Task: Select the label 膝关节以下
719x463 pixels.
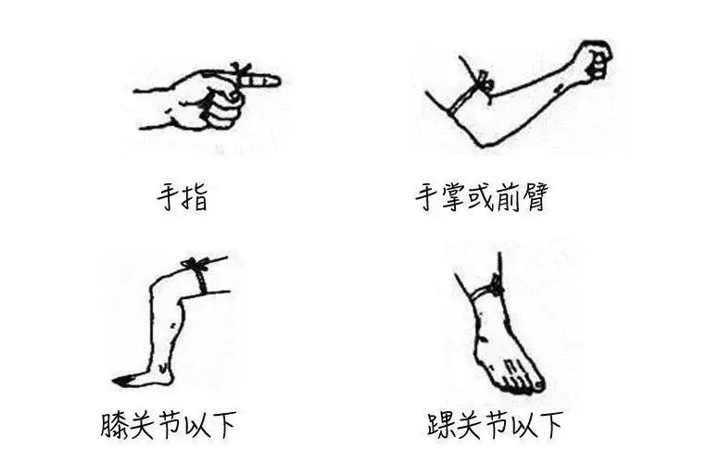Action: point(168,426)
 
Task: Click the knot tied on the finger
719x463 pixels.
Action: point(243,70)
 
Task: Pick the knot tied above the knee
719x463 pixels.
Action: point(194,266)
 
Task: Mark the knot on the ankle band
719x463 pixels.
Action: point(497,288)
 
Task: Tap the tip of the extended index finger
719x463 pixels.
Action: point(275,81)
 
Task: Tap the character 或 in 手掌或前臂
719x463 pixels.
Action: point(485,197)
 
